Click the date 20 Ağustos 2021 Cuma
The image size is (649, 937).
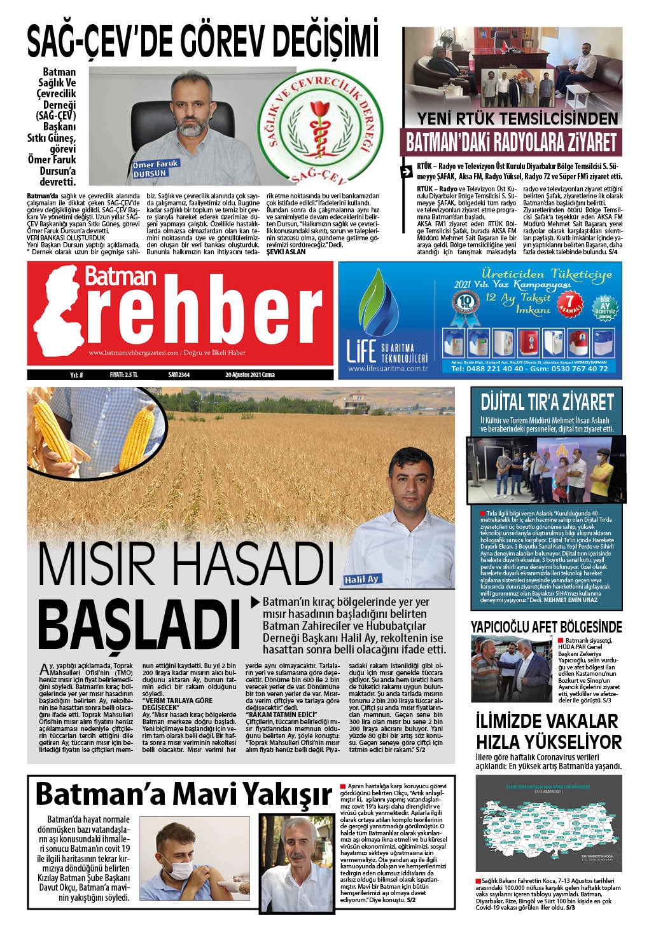pyautogui.click(x=248, y=375)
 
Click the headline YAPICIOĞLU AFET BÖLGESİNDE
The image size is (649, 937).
pyautogui.click(x=546, y=627)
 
